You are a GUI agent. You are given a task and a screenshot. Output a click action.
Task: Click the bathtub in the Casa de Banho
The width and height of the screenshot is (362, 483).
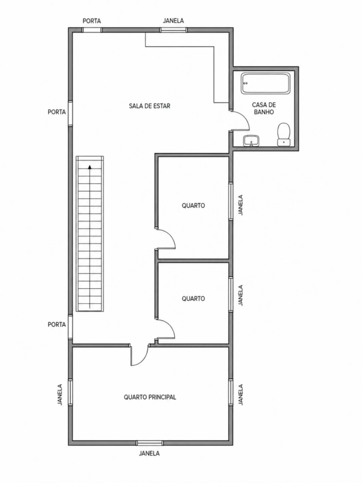point(266,83)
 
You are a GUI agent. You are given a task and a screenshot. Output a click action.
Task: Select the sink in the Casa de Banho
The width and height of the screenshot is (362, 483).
point(251,141)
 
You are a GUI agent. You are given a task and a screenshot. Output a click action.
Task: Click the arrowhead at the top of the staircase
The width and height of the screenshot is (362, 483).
point(90,167)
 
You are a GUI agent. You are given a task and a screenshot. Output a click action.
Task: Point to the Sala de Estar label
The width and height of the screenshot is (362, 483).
point(150,106)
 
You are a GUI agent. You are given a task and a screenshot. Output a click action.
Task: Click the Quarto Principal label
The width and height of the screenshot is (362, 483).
point(150,397)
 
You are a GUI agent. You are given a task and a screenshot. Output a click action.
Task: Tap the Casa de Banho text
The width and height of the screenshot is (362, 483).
point(264,108)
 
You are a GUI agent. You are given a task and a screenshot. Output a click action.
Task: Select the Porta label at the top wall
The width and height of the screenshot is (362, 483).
point(92,21)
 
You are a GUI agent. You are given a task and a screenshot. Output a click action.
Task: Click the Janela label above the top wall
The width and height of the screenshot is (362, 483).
point(173,21)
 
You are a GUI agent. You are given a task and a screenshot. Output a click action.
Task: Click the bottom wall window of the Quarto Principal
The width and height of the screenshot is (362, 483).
point(150,443)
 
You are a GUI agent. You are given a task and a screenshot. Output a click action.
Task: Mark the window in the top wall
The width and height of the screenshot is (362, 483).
point(174,30)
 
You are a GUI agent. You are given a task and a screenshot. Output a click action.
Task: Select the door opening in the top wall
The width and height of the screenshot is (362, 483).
point(92,30)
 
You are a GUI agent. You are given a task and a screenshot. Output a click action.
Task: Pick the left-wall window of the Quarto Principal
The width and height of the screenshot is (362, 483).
point(70,392)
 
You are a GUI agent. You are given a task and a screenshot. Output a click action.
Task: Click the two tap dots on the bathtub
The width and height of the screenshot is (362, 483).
point(245,83)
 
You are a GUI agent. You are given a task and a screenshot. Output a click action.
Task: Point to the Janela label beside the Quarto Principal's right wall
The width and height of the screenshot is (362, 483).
point(241,395)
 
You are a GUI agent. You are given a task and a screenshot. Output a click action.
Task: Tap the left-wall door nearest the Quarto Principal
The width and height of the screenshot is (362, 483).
point(70,327)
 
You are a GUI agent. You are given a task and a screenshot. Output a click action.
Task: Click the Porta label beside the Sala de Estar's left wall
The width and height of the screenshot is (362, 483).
point(57,112)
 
